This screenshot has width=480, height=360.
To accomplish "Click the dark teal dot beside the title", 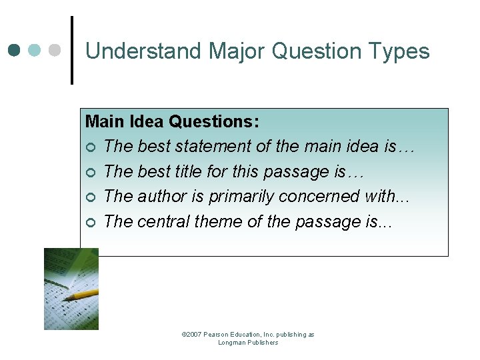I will [15, 50].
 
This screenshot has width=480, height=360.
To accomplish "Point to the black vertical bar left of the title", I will [72, 50].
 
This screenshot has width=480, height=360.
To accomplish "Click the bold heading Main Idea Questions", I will [172, 121].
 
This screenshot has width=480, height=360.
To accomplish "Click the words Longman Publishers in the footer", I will [248, 343].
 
